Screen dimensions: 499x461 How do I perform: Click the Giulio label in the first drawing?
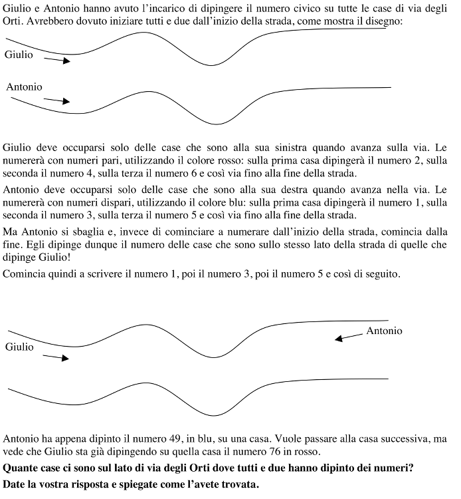19,55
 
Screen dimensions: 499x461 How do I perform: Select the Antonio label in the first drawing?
24,87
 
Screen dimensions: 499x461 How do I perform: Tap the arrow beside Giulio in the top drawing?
57,60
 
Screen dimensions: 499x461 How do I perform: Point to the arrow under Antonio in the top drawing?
56,100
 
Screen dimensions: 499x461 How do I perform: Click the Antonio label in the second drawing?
384,331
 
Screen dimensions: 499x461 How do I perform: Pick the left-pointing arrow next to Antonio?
349,337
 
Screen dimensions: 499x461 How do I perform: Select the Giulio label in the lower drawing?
19,347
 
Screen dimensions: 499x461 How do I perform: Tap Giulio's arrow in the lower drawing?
56,357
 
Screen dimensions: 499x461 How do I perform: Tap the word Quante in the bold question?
21,468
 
